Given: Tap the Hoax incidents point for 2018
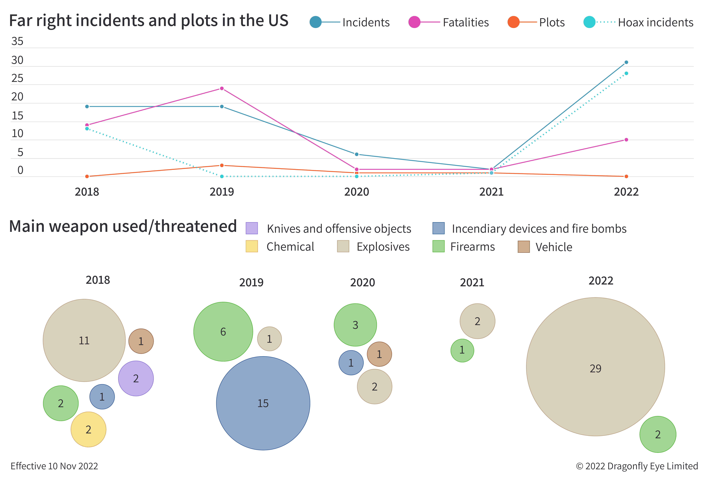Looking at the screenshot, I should coord(87,129).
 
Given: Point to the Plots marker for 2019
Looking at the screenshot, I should coord(222,165).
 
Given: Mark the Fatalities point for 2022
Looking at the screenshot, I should coord(626,140).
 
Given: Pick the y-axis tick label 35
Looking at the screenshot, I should coord(17,41).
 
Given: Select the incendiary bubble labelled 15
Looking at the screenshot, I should coord(263,403).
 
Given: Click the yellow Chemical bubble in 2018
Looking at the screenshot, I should coord(88,429).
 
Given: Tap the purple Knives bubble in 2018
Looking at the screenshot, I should coord(136,378).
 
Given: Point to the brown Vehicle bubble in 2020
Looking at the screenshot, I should coord(379,354).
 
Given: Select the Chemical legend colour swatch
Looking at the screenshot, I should coord(252,246).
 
